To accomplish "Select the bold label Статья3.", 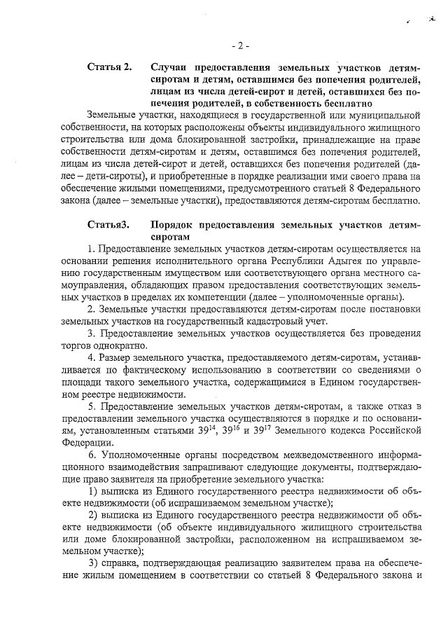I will (108, 224).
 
